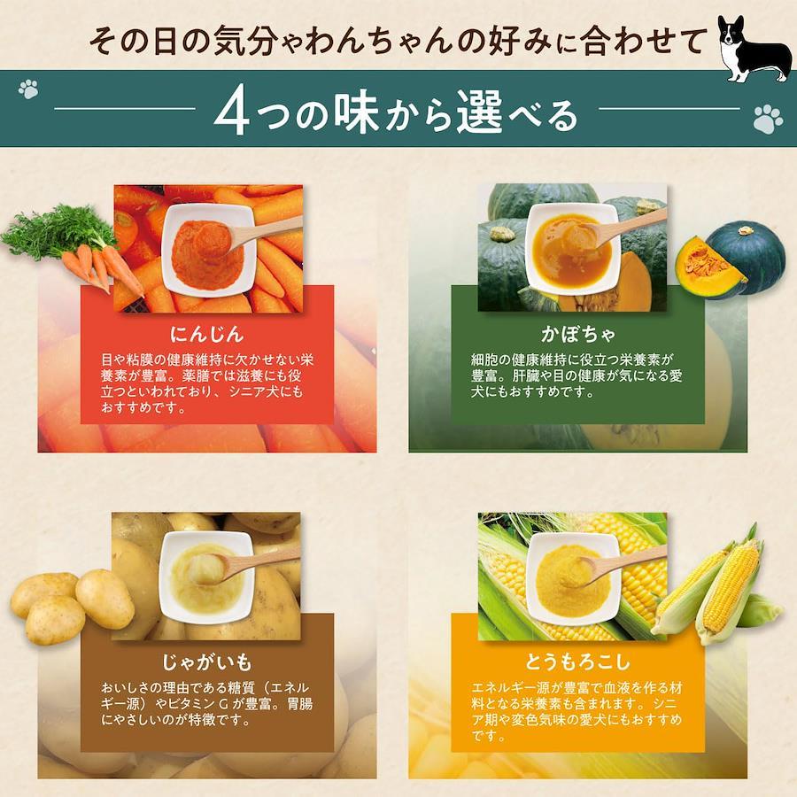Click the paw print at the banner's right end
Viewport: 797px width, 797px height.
click(768, 119)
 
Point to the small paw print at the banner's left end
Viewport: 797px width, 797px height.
click(28, 89)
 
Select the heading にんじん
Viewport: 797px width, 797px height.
click(206, 334)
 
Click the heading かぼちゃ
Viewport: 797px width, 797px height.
click(577, 334)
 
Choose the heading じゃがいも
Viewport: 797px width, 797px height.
click(206, 662)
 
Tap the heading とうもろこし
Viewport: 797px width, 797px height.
click(577, 662)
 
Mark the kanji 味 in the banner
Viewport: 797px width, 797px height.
click(356, 112)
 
